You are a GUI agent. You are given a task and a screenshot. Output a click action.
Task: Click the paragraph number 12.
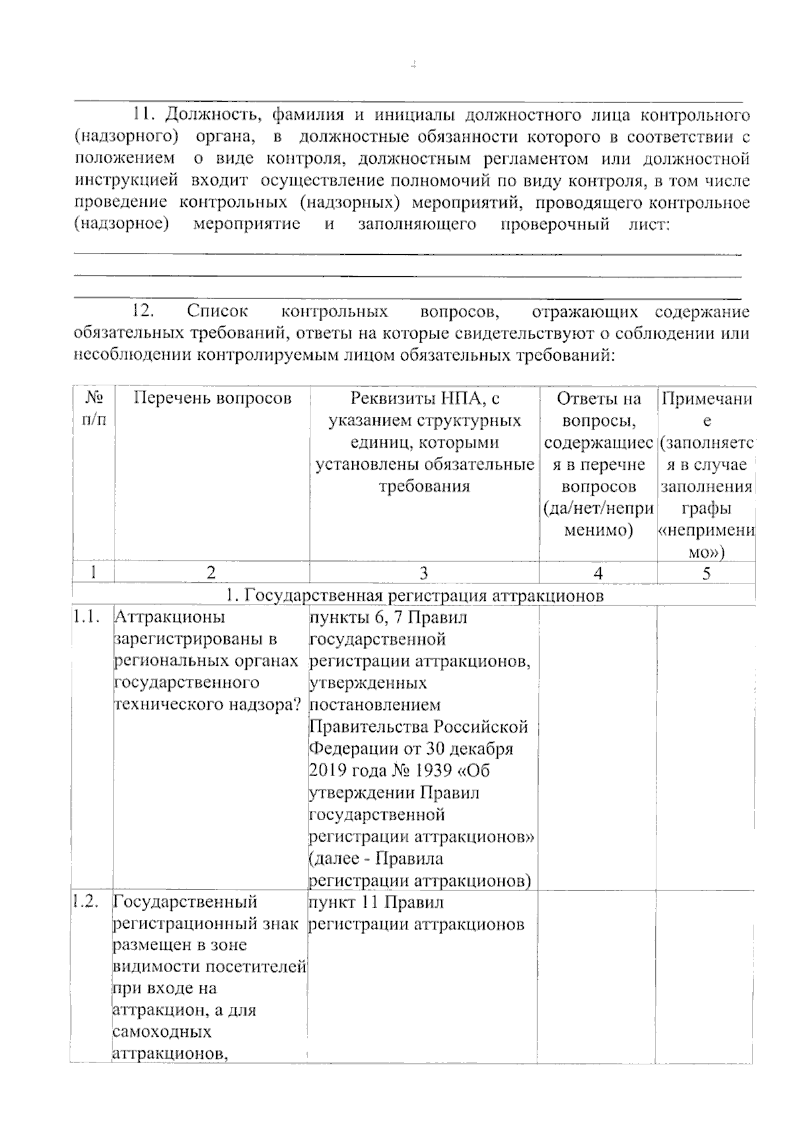(145, 312)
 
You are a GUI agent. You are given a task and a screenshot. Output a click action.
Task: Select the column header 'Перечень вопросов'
(212, 399)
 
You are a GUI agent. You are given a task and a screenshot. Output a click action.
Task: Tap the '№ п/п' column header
(94, 409)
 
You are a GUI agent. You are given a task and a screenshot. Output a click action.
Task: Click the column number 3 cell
(424, 573)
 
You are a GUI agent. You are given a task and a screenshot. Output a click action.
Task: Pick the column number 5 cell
(707, 573)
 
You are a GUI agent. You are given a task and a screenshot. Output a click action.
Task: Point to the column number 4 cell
(598, 573)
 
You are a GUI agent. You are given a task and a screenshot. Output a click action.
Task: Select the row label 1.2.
(88, 902)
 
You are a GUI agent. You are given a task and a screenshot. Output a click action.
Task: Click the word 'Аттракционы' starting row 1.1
(169, 617)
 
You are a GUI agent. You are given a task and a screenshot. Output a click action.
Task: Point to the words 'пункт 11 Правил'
(375, 902)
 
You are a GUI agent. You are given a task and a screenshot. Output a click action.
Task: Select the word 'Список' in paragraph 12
(217, 312)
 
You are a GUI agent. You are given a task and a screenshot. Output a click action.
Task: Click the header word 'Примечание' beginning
(707, 399)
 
